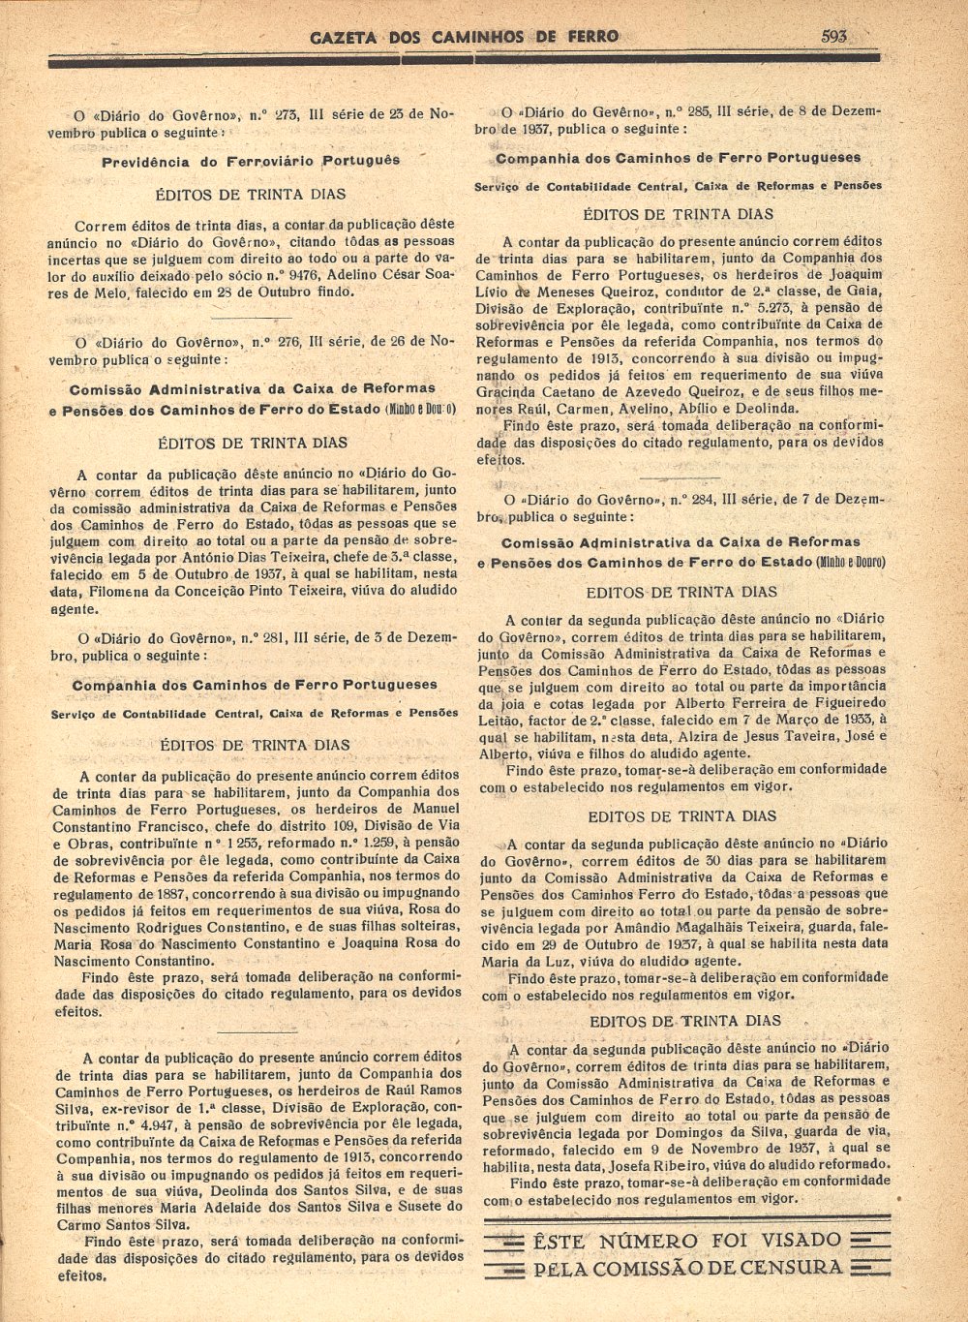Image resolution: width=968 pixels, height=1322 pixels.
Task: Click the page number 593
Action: tap(833, 37)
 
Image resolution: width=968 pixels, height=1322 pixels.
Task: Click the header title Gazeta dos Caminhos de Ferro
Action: tap(464, 38)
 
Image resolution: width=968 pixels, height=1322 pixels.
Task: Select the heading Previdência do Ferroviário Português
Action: tap(251, 161)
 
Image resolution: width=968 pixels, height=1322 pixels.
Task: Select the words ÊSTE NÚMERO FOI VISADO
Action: tap(686, 1241)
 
